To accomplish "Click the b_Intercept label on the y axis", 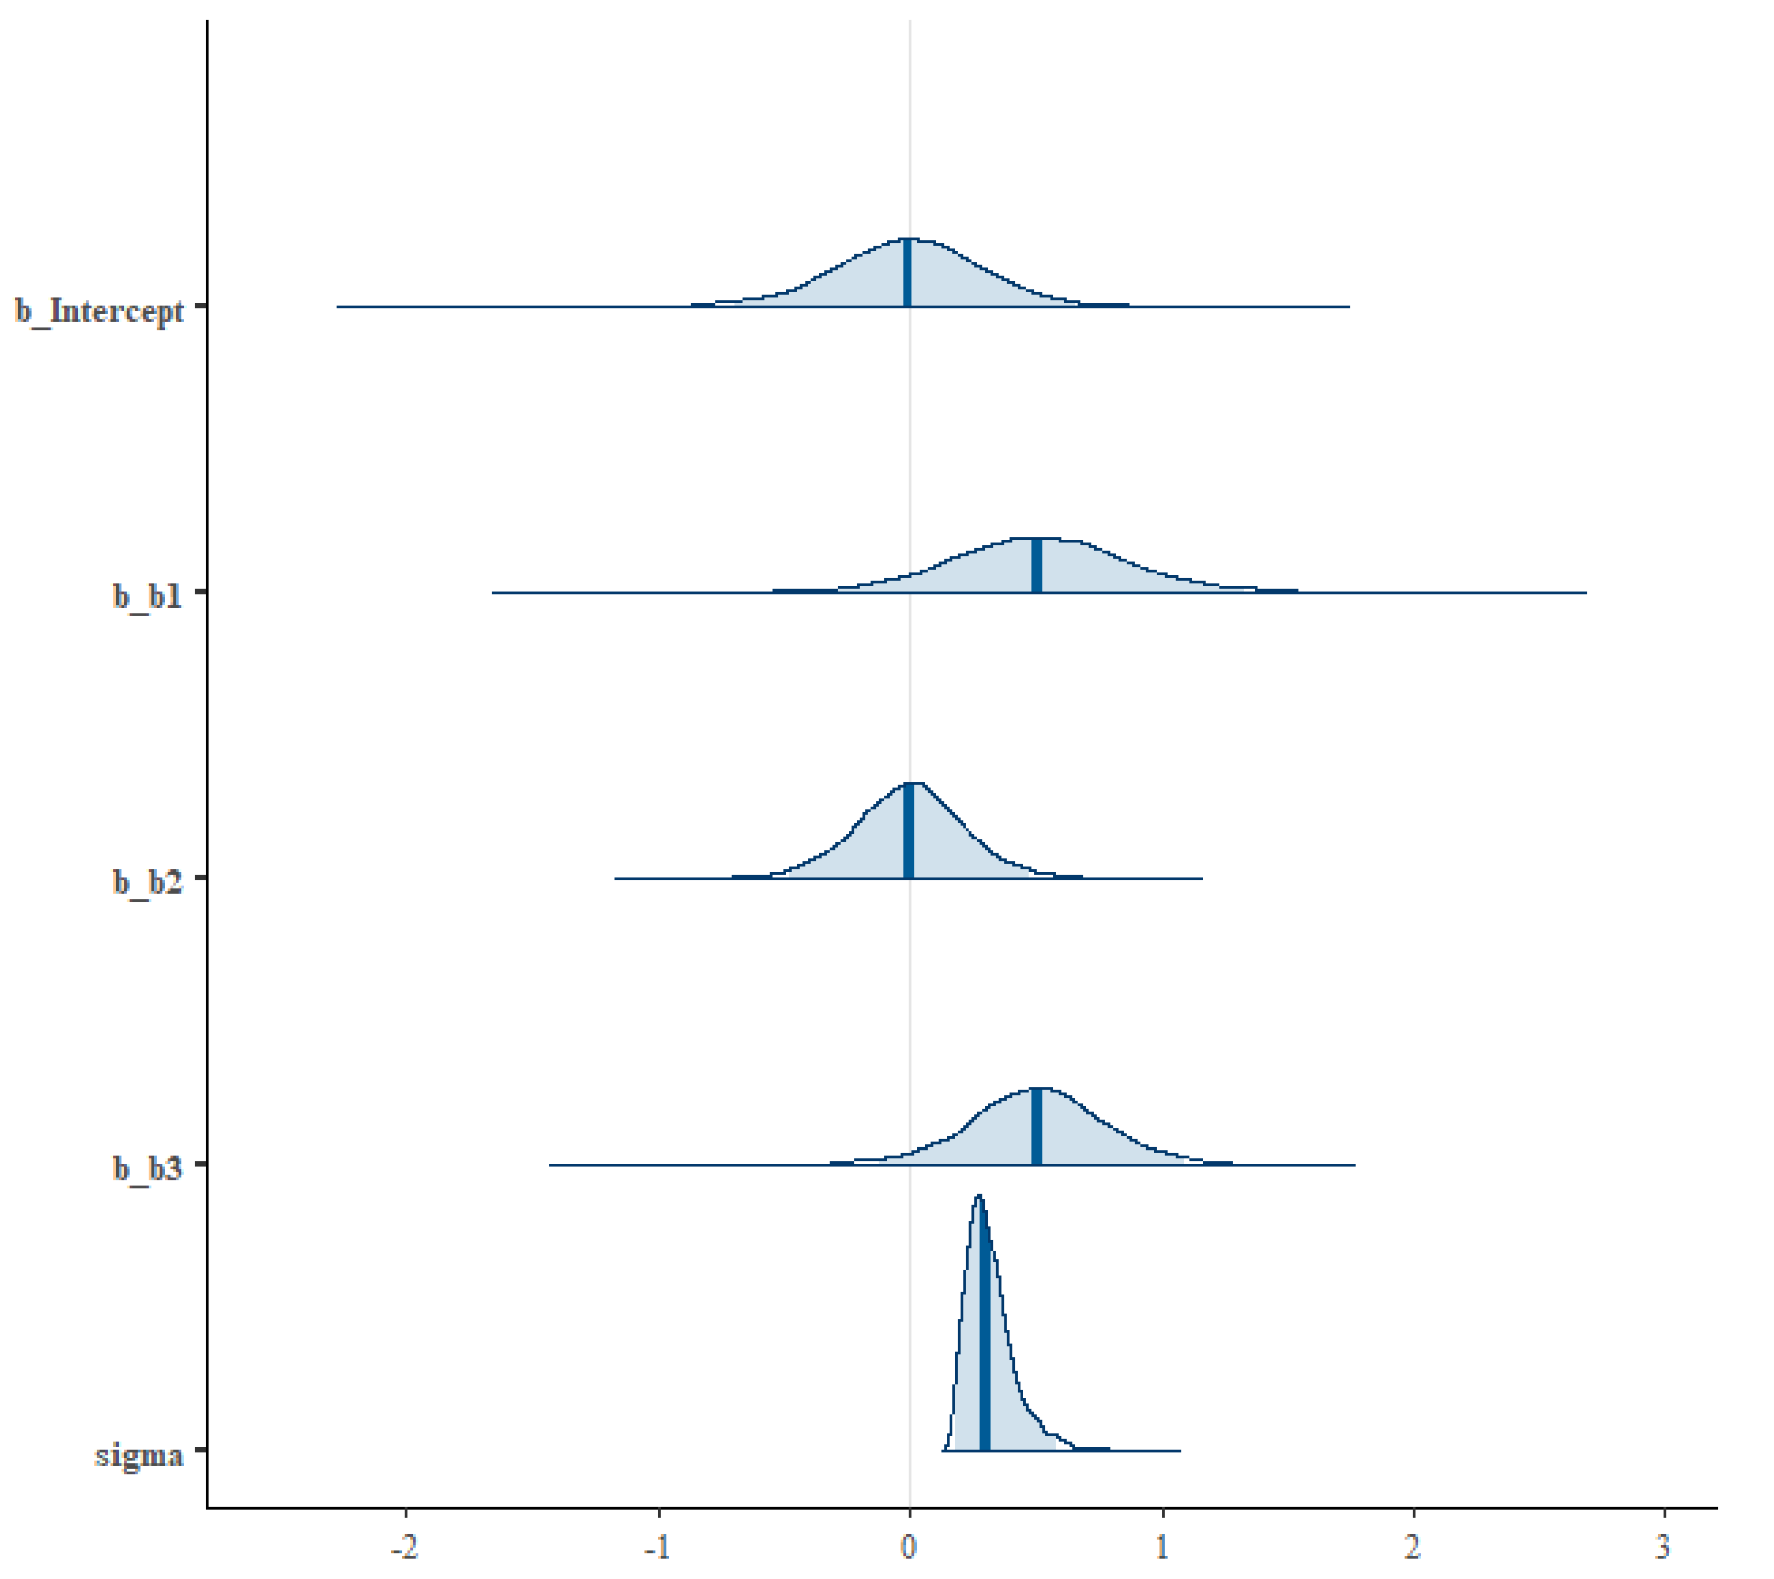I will coord(100,311).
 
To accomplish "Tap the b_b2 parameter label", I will coord(147,882).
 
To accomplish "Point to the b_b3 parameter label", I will coord(147,1169).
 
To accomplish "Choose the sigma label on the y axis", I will coord(139,1455).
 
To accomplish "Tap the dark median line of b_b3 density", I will coord(1037,1125).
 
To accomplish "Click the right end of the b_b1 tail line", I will coord(1586,592).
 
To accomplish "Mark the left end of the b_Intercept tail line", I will coord(337,306).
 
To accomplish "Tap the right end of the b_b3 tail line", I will coord(1354,1165).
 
